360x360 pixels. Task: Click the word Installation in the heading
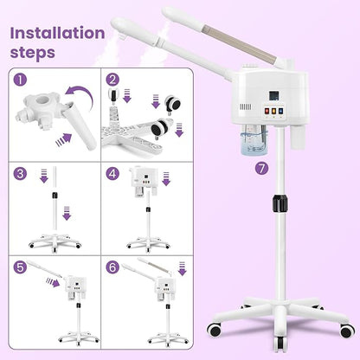pyautogui.click(x=56, y=34)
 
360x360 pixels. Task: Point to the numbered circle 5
pyautogui.click(x=20, y=267)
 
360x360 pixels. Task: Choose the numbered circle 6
pyautogui.click(x=113, y=267)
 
